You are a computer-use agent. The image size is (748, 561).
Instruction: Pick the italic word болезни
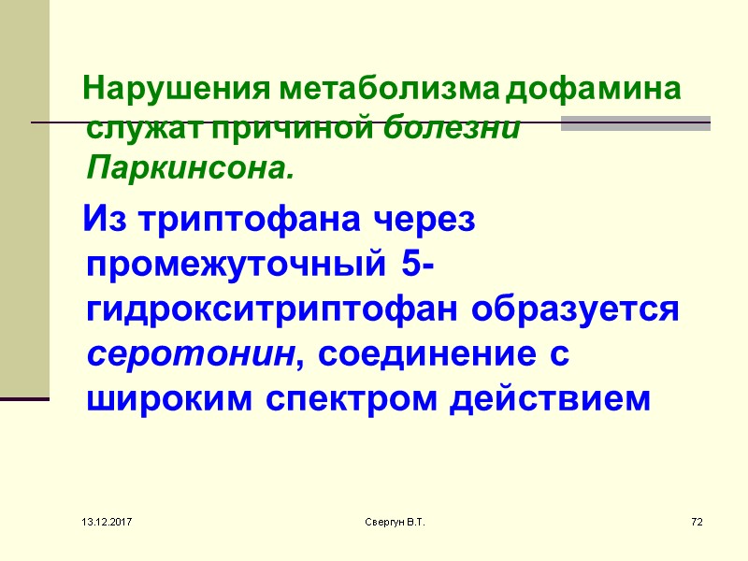click(x=453, y=130)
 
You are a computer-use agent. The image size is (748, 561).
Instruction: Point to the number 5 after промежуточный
click(x=414, y=266)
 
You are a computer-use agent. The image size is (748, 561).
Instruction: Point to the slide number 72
click(x=696, y=519)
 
